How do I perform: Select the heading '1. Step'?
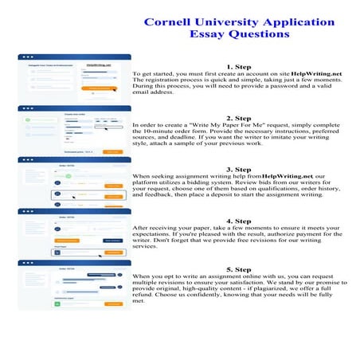pos(238,66)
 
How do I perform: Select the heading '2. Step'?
pos(238,118)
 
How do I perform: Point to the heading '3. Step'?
pos(238,169)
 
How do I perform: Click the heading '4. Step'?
pos(238,220)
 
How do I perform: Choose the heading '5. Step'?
pos(238,271)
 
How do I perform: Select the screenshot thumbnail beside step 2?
pos(75,130)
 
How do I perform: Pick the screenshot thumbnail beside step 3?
pos(75,181)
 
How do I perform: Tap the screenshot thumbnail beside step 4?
pos(75,233)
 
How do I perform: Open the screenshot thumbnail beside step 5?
pos(75,284)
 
